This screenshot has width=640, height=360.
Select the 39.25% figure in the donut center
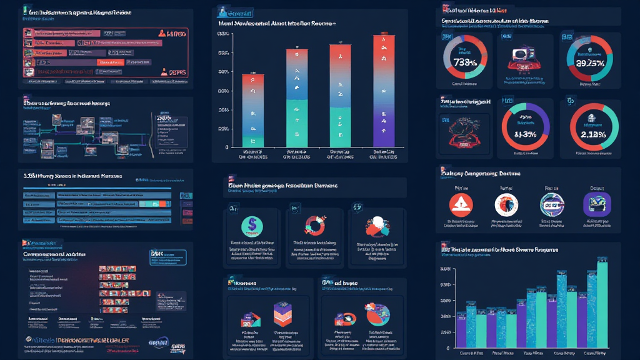588,62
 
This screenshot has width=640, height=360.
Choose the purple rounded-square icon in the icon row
596,204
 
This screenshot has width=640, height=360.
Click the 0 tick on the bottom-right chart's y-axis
447,347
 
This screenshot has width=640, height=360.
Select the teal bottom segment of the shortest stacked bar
252,141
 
